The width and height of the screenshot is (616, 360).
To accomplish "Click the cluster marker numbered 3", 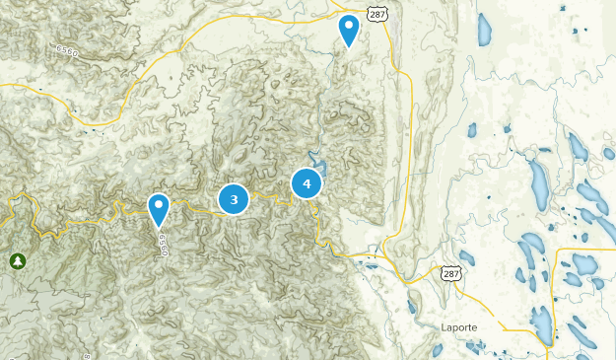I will tap(234, 200).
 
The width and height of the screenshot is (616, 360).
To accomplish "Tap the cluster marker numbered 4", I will tap(307, 183).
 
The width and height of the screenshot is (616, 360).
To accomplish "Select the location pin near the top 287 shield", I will tap(349, 30).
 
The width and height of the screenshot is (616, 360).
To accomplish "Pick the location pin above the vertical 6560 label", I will tap(159, 209).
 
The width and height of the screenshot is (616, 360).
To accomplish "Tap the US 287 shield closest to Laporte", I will tap(451, 272).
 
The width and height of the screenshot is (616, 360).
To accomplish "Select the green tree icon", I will tap(17, 261).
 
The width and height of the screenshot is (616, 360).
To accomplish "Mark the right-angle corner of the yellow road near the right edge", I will tap(559, 252).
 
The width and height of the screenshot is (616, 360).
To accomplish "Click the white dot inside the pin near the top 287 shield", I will tap(349, 25).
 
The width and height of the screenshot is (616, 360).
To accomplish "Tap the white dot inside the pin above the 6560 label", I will tap(159, 205).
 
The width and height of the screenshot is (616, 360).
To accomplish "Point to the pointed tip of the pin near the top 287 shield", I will tap(349, 47).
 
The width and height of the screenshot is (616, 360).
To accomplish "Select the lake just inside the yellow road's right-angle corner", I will tap(582, 264).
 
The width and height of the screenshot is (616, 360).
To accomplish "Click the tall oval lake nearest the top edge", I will tap(484, 31).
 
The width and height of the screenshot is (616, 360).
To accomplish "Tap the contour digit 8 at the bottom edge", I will tap(86, 355).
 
